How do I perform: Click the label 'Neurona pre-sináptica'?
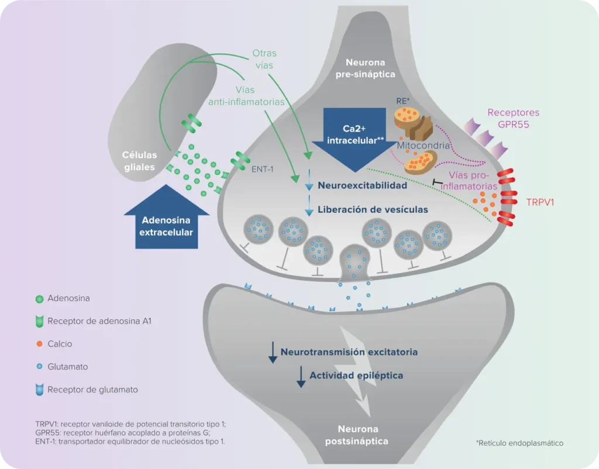pyautogui.click(x=370, y=68)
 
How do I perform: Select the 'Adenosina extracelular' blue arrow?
pyautogui.click(x=167, y=219)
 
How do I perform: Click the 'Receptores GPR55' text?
pyautogui.click(x=513, y=118)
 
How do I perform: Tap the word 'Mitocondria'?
pyautogui.click(x=423, y=145)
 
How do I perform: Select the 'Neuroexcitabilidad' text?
pyautogui.click(x=363, y=185)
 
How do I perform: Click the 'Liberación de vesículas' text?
pyautogui.click(x=373, y=209)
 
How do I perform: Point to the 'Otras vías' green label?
pyautogui.click(x=264, y=60)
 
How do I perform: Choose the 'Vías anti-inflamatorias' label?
pyautogui.click(x=247, y=96)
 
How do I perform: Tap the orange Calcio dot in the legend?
pyautogui.click(x=40, y=344)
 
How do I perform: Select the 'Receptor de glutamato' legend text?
pyautogui.click(x=92, y=389)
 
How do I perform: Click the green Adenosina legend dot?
pyautogui.click(x=40, y=298)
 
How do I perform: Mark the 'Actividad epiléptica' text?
pyautogui.click(x=356, y=375)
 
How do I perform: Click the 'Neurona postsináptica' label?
pyautogui.click(x=357, y=435)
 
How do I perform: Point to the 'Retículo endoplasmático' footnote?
pyautogui.click(x=519, y=443)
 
